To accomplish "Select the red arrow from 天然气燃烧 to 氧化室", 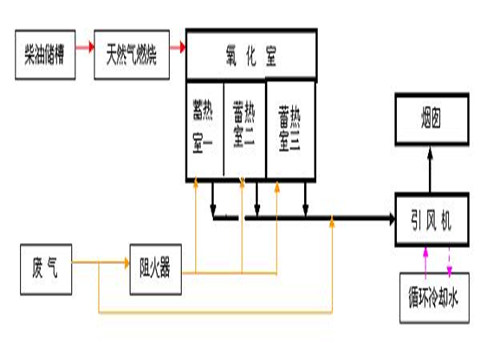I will (x=178, y=46).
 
